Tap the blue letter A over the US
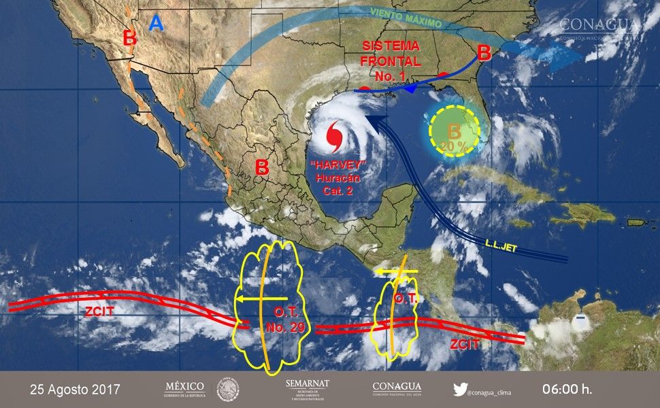[156, 24]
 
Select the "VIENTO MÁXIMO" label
[407, 20]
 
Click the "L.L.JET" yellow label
[503, 242]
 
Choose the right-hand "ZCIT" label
[465, 345]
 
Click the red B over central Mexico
[261, 167]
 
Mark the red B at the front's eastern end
[484, 52]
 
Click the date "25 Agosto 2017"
[75, 390]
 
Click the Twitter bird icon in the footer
[461, 390]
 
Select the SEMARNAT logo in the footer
[308, 390]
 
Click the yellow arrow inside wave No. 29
[262, 299]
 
